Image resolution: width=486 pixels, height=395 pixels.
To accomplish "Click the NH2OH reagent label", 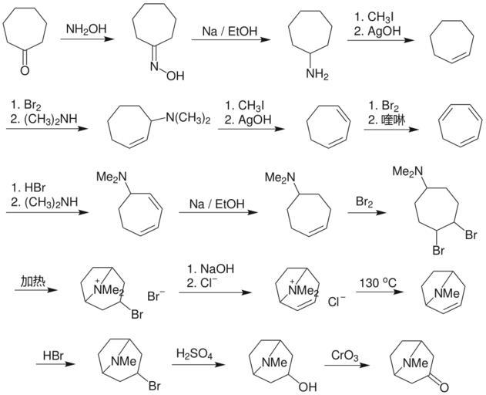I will pyautogui.click(x=86, y=29).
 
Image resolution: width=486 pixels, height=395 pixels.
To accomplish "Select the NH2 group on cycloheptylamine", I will pyautogui.click(x=316, y=74).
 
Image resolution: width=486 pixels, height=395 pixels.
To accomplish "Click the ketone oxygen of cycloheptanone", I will pyautogui.click(x=25, y=70).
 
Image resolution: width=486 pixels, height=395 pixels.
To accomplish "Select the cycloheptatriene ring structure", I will pyautogui.click(x=454, y=124).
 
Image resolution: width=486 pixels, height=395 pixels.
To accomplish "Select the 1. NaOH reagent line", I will pyautogui.click(x=210, y=268).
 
